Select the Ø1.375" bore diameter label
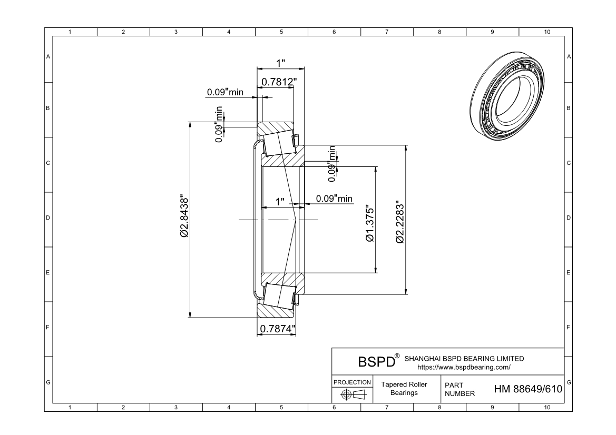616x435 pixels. pyautogui.click(x=370, y=223)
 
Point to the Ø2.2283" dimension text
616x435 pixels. pyautogui.click(x=399, y=222)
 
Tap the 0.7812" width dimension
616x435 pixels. pyautogui.click(x=279, y=82)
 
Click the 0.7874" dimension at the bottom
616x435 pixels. pyautogui.click(x=278, y=329)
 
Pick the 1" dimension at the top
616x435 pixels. pyautogui.click(x=280, y=63)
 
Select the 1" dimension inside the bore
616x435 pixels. pyautogui.click(x=280, y=202)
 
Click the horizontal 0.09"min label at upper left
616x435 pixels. pyautogui.click(x=225, y=92)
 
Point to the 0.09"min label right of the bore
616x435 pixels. pyautogui.click(x=334, y=199)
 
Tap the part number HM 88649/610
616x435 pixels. pyautogui.click(x=528, y=389)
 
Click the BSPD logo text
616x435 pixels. pyautogui.click(x=376, y=362)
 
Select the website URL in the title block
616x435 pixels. pyautogui.click(x=464, y=368)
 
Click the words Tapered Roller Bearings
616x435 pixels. pyautogui.click(x=404, y=389)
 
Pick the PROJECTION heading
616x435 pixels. pyautogui.click(x=352, y=382)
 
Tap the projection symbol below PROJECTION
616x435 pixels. pyautogui.click(x=354, y=394)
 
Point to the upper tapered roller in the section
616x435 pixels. pyautogui.click(x=279, y=144)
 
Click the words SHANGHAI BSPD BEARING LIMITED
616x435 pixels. pyautogui.click(x=464, y=359)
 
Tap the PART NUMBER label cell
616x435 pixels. pyautogui.click(x=459, y=389)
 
